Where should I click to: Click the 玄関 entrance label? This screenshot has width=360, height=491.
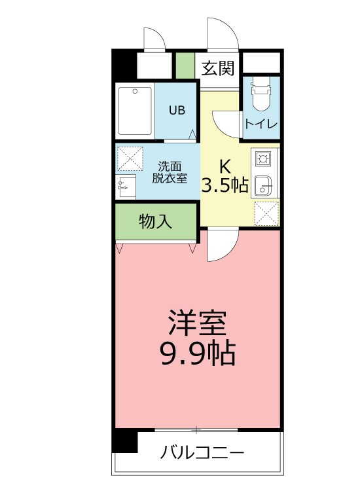coord(218,67)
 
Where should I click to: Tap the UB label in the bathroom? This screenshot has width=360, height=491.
coord(177,110)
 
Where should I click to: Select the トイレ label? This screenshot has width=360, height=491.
coord(261,124)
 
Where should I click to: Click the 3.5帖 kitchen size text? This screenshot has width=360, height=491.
coord(224,185)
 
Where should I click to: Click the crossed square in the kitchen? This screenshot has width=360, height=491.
coord(266,212)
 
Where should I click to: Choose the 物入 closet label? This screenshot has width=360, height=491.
coord(156,222)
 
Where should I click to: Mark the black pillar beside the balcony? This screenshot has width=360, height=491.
coord(124,441)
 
